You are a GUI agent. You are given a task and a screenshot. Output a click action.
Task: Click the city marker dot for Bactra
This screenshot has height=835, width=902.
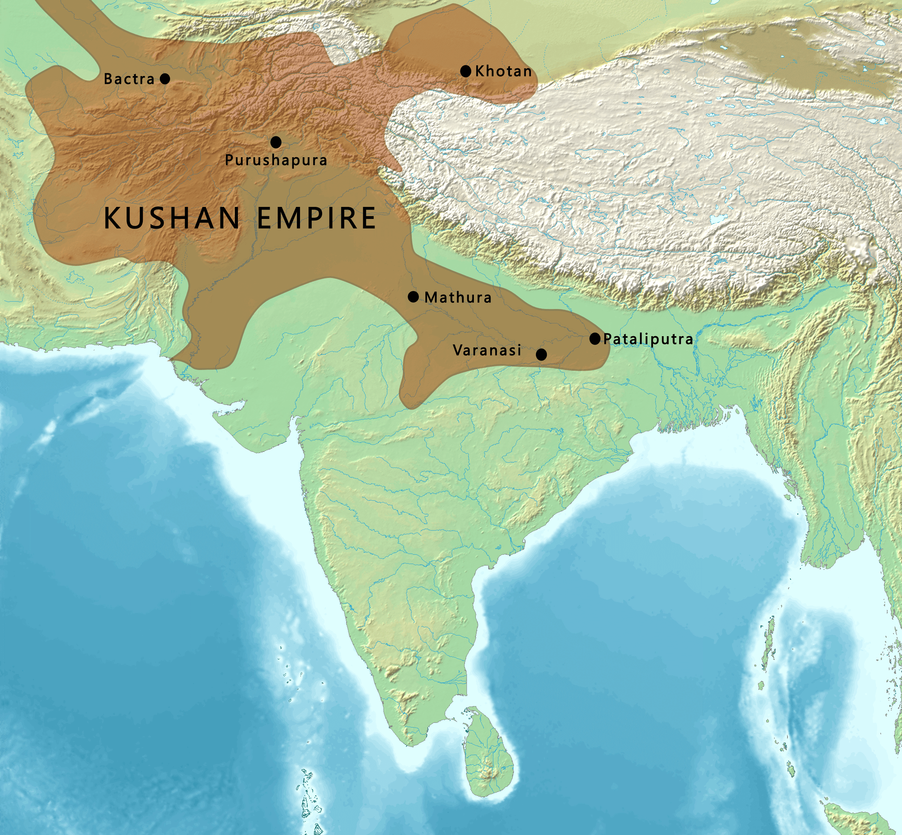click(x=165, y=79)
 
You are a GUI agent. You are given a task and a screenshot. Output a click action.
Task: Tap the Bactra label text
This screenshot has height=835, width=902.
click(x=129, y=79)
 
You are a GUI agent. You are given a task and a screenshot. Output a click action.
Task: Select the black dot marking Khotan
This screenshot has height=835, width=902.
click(x=466, y=71)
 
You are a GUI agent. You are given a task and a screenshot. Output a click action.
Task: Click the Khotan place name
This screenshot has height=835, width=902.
click(x=503, y=71)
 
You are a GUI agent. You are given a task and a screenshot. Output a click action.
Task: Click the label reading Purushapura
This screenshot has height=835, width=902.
click(x=276, y=160)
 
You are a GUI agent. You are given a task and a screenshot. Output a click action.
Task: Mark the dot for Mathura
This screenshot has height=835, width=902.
click(x=413, y=297)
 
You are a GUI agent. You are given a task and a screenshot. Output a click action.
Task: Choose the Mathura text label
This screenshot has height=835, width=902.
click(x=458, y=297)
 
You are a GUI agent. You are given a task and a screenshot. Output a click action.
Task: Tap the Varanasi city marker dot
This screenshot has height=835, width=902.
click(x=541, y=355)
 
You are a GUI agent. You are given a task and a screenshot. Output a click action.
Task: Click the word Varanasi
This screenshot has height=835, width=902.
click(x=487, y=350)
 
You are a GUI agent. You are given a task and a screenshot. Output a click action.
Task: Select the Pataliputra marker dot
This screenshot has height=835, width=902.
click(x=595, y=339)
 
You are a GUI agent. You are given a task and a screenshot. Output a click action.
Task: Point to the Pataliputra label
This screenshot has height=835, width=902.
click(x=648, y=339)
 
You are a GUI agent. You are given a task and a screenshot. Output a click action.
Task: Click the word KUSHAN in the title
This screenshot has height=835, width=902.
click(x=172, y=218)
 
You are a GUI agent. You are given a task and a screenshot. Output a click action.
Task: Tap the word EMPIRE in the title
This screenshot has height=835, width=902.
click(x=316, y=218)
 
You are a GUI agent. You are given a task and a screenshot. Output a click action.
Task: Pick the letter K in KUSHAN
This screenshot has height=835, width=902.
click(x=113, y=218)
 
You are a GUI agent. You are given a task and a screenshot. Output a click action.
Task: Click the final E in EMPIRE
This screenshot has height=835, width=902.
click(x=368, y=218)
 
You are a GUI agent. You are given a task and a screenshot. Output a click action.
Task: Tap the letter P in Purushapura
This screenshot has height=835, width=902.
click(x=229, y=160)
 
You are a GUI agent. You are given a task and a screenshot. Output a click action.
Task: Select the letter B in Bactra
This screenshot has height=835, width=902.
click(x=108, y=79)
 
